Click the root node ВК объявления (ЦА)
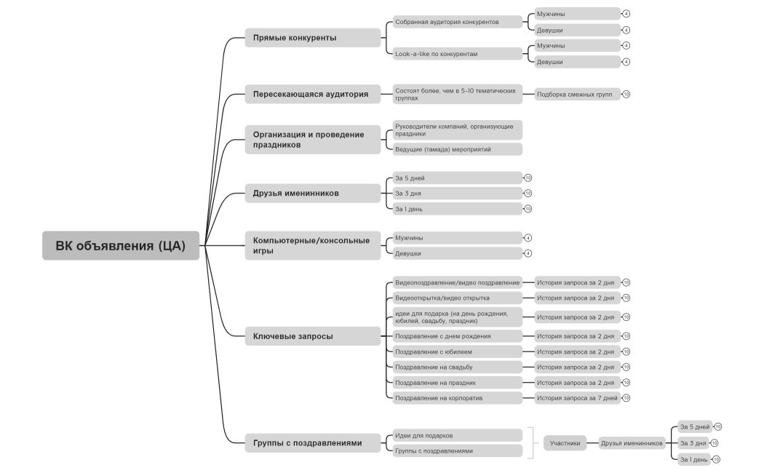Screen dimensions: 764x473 pyautogui.click(x=120, y=245)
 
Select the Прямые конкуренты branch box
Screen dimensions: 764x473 pyautogui.click(x=312, y=38)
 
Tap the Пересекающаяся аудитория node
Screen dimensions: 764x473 pyautogui.click(x=312, y=94)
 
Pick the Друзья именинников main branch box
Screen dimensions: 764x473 pyautogui.click(x=312, y=193)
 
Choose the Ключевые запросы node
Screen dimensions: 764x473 pyautogui.click(x=312, y=336)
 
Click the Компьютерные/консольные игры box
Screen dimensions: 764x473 pyautogui.click(x=312, y=245)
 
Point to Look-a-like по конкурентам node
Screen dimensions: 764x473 pyautogui.click(x=458, y=54)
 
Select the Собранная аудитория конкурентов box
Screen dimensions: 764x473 pyautogui.click(x=458, y=22)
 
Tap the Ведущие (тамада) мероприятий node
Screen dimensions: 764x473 pyautogui.click(x=458, y=149)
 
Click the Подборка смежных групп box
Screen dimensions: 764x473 pyautogui.click(x=578, y=94)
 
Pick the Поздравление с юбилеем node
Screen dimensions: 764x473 pyautogui.click(x=458, y=351)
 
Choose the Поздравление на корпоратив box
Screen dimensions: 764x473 pyautogui.click(x=458, y=398)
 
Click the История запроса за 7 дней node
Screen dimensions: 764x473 pyautogui.click(x=578, y=398)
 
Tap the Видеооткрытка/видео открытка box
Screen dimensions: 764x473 pyautogui.click(x=458, y=298)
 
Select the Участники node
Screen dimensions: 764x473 pyautogui.click(x=565, y=443)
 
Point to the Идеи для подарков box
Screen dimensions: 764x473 pyautogui.click(x=458, y=435)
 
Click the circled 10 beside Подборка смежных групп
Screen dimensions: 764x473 pyautogui.click(x=626, y=94)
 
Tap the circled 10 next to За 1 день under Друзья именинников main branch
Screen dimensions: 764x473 pyautogui.click(x=528, y=209)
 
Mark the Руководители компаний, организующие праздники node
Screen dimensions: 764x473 pyautogui.click(x=458, y=130)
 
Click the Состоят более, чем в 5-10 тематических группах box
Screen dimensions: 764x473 pyautogui.click(x=458, y=94)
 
